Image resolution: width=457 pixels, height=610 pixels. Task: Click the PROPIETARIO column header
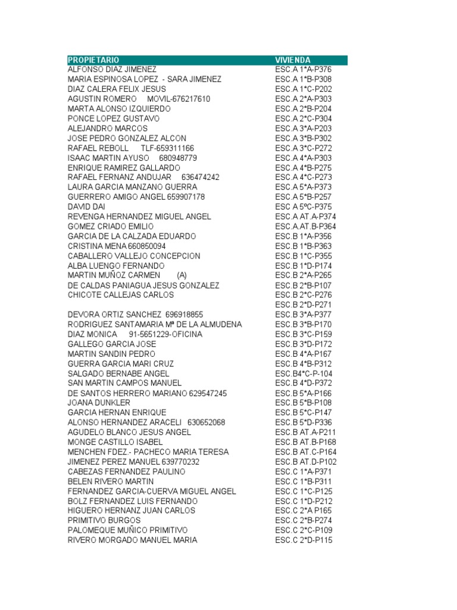pyautogui.click(x=93, y=60)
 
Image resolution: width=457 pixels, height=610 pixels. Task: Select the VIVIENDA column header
pyautogui.click(x=293, y=60)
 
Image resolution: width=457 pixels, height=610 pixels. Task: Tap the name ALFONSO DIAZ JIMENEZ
pyautogui.click(x=112, y=70)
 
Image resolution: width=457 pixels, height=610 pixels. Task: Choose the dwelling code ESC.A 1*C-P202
pyautogui.click(x=303, y=89)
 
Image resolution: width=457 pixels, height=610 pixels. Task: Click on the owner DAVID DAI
pyautogui.click(x=86, y=207)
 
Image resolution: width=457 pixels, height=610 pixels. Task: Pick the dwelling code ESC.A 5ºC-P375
pyautogui.click(x=303, y=207)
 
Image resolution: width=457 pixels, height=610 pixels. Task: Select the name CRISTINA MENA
pyautogui.click(x=96, y=246)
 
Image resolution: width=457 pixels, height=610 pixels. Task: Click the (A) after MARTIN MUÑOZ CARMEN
pyautogui.click(x=182, y=275)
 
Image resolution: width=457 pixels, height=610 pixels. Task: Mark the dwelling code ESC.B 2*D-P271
pyautogui.click(x=303, y=305)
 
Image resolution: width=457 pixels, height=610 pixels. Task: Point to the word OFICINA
pyautogui.click(x=182, y=334)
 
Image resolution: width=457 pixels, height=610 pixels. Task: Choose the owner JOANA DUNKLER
pyautogui.click(x=99, y=403)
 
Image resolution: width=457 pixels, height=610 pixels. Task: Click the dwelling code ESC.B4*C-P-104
pyautogui.click(x=304, y=374)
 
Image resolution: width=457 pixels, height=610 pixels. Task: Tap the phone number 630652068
pyautogui.click(x=206, y=422)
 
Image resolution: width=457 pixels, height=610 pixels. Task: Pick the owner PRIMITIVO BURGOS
pyautogui.click(x=104, y=520)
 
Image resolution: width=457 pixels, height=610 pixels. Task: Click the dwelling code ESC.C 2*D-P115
pyautogui.click(x=303, y=540)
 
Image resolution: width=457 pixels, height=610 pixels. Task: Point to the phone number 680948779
pyautogui.click(x=178, y=158)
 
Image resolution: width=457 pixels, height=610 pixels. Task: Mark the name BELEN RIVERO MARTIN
pyautogui.click(x=111, y=481)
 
